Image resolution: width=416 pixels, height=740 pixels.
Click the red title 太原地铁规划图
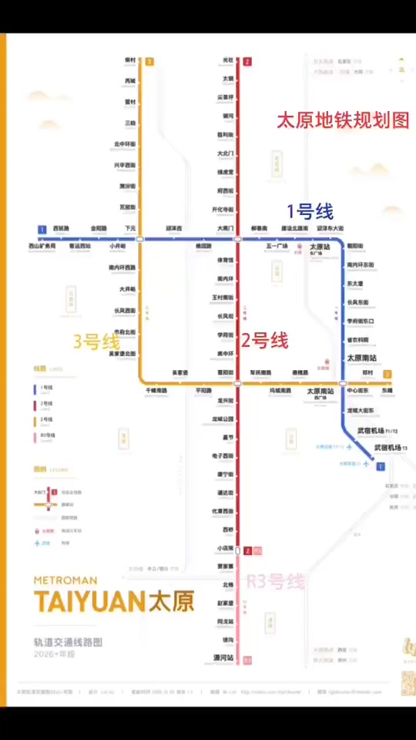[343, 122]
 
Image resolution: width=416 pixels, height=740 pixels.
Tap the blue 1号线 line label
[310, 210]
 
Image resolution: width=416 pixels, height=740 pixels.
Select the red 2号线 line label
[265, 340]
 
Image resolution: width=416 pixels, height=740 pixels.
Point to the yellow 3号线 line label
[96, 341]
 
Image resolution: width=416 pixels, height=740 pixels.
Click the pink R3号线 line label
[276, 581]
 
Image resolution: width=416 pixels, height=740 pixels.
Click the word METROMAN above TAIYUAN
[65, 580]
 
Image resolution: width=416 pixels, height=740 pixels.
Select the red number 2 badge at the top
[247, 62]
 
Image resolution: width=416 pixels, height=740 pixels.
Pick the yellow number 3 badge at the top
[149, 62]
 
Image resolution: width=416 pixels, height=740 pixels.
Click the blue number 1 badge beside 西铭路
[42, 229]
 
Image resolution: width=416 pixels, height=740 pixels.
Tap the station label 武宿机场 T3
[393, 447]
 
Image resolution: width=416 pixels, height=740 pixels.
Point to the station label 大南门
[224, 228]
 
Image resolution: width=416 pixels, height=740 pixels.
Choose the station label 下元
[130, 228]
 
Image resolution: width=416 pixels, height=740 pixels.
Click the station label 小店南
[225, 548]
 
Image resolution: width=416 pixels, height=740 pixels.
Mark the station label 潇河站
[223, 658]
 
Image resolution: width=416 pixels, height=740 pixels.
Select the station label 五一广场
[277, 246]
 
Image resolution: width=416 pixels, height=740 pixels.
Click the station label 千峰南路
[156, 391]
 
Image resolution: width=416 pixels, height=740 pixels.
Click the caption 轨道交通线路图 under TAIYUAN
[68, 641]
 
